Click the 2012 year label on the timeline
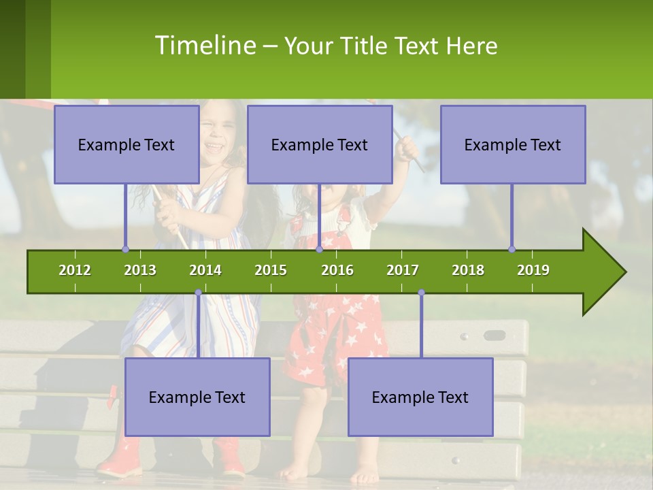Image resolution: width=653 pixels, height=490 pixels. pos(75,270)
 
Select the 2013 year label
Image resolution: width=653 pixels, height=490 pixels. pos(140,270)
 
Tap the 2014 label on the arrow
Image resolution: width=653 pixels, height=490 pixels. pos(205,270)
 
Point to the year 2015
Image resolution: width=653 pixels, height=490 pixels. pos(271,270)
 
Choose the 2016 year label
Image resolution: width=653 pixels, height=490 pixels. pos(337,270)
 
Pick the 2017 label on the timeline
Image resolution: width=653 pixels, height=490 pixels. pos(403,270)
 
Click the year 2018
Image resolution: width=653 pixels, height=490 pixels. pos(468,270)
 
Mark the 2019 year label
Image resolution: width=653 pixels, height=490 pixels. pos(533,270)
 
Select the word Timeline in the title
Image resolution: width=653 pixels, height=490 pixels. pos(204,46)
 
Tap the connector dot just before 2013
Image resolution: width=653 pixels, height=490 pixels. pos(125,249)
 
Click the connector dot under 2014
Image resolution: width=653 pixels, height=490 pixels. pos(198,293)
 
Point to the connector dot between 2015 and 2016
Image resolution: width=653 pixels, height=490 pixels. pos(319,249)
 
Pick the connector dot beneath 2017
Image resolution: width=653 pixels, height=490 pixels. pos(421,293)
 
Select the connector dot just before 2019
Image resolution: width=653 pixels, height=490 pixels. pos(512,249)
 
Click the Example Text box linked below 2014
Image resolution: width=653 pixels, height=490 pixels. pos(197,397)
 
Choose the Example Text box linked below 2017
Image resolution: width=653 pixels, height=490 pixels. pos(420,397)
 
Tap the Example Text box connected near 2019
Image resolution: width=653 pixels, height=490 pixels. pos(513,144)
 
